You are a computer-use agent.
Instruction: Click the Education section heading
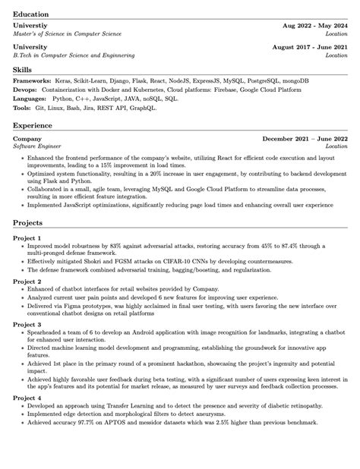point(30,14)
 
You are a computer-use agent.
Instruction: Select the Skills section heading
point(22,70)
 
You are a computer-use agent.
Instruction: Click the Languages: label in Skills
point(30,99)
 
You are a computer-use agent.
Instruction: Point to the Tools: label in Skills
point(22,108)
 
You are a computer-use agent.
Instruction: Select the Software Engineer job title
point(37,146)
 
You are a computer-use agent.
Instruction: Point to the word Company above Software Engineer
point(27,139)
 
